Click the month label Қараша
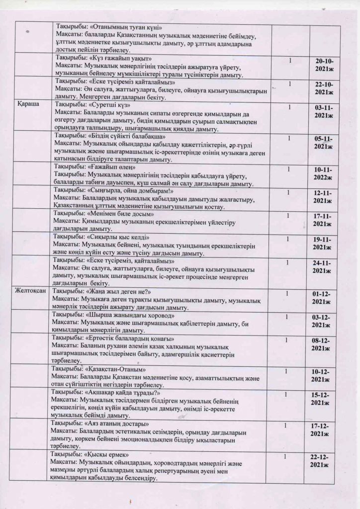pyautogui.click(x=26, y=104)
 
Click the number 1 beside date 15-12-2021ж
pyautogui.click(x=285, y=394)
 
